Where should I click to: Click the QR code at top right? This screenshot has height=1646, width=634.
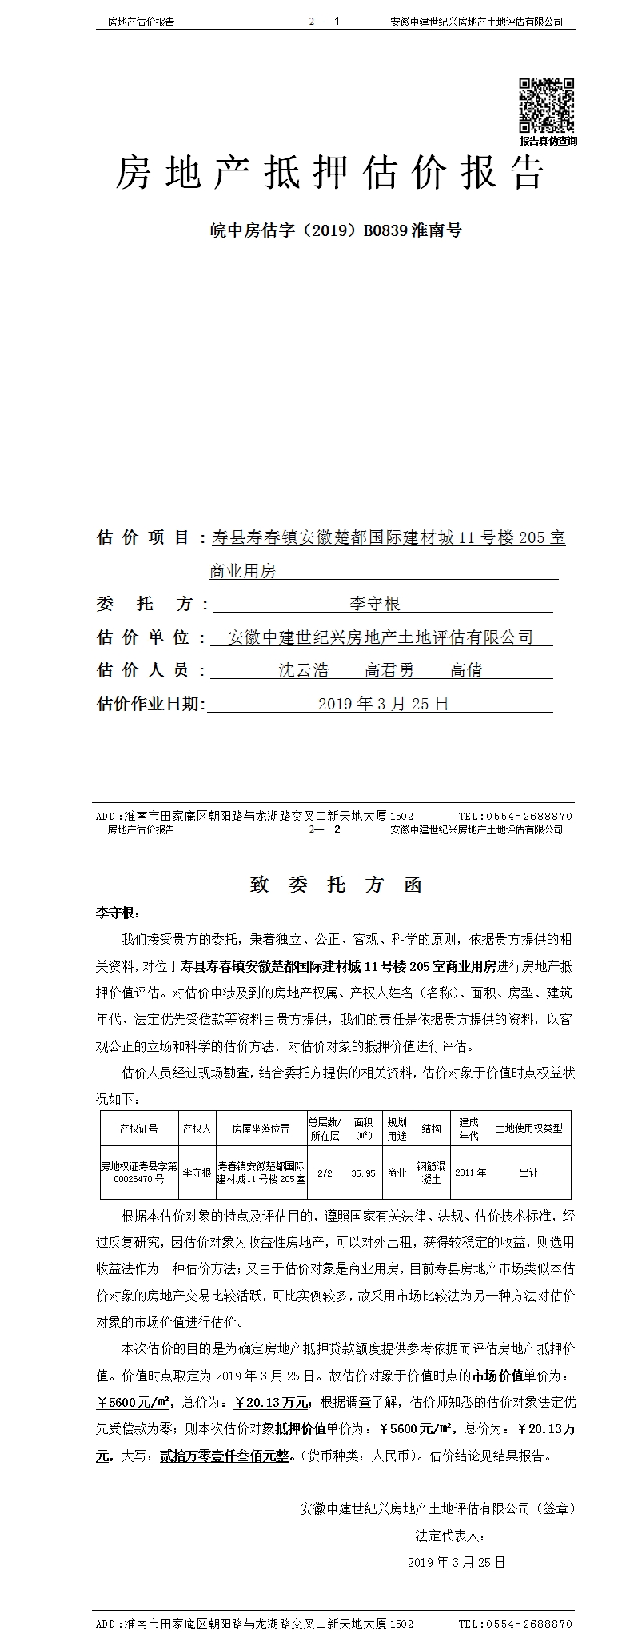pos(547,106)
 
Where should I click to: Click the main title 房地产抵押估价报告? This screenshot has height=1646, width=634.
pos(329,173)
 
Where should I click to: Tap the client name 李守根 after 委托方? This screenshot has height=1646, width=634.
pos(374,603)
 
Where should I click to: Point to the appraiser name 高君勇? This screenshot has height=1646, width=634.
pos(389,670)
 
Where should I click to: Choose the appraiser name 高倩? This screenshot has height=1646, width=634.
pos(466,670)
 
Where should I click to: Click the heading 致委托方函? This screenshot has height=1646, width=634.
pos(336,885)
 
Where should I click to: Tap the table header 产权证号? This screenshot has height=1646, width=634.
pos(138,1128)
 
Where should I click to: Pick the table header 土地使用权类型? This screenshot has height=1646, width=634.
pos(528,1128)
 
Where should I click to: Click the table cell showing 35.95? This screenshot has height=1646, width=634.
pos(363,1173)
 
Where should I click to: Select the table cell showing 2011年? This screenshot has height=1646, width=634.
pos(470,1173)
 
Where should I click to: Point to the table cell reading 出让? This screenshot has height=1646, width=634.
pos(528,1173)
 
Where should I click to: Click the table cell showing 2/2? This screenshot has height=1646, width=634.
pos(325,1173)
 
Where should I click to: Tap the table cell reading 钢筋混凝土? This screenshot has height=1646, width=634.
pos(431,1173)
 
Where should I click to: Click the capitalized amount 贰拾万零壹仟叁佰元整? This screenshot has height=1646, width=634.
pos(225,1456)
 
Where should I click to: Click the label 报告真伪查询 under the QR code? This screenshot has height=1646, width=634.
pos(548,141)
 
